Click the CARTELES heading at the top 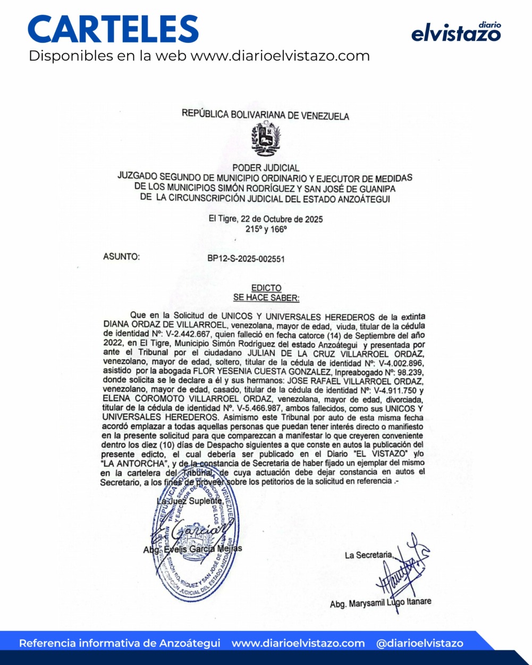click(x=113, y=29)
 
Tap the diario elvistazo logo click(x=456, y=32)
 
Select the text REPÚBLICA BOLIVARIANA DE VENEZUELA click(x=265, y=115)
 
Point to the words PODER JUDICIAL click(x=266, y=168)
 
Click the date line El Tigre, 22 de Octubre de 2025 click(x=265, y=219)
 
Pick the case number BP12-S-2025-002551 click(x=246, y=259)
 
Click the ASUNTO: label click(x=121, y=257)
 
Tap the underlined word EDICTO click(x=266, y=288)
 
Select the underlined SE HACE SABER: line click(x=266, y=298)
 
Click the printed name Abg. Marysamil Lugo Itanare click(x=380, y=603)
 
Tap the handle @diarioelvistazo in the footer click(x=419, y=643)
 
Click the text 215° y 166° click(x=266, y=229)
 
